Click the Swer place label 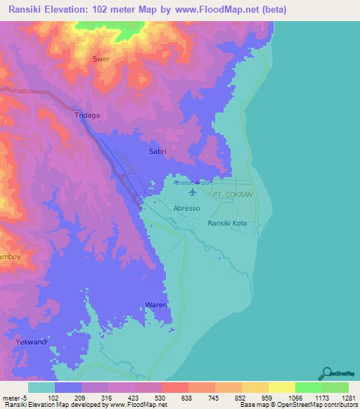click(102, 59)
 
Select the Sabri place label click(157, 151)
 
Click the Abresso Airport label click(193, 182)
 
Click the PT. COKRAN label click(234, 195)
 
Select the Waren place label click(156, 305)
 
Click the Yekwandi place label click(30, 342)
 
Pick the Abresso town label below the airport click(187, 209)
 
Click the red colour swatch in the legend click(174, 387)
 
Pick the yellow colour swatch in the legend click(281, 387)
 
